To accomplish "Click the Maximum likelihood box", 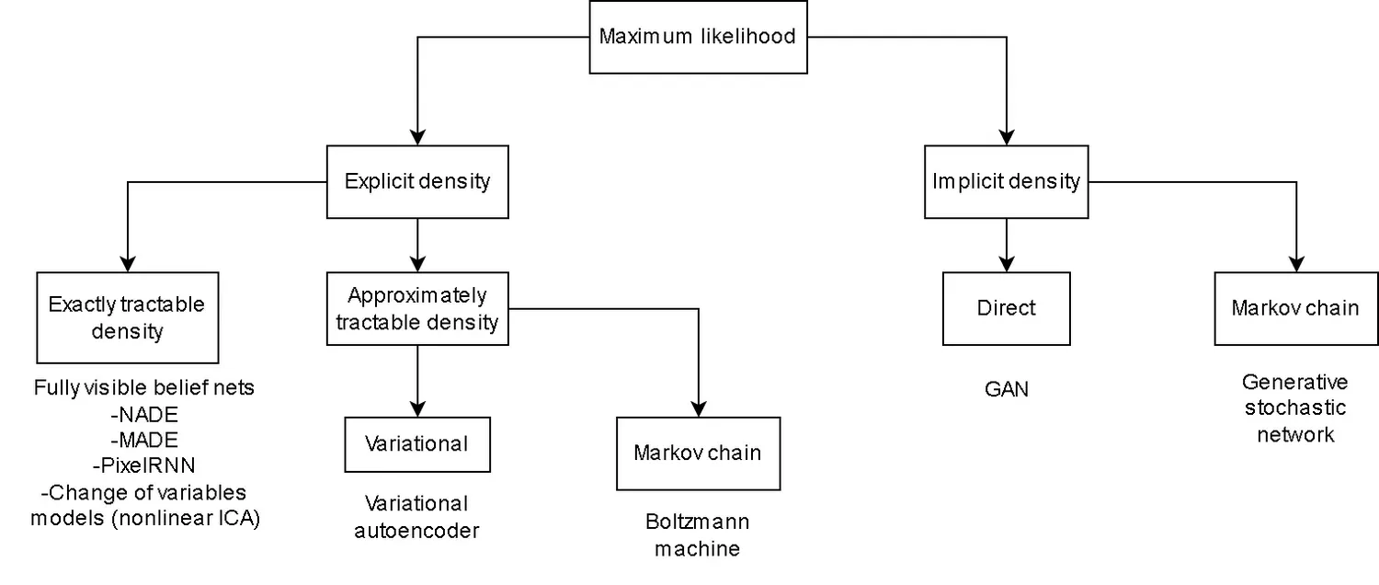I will click(698, 37).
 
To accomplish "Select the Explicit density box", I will click(417, 181).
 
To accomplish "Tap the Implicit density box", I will click(1006, 181).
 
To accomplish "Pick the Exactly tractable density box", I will click(128, 317).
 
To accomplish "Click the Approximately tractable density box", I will click(417, 309).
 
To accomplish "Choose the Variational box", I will click(416, 444).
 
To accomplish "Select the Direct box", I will click(1006, 308).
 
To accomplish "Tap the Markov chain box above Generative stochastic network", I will click(1294, 308).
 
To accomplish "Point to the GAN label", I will click(1006, 390).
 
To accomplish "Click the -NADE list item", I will click(143, 414).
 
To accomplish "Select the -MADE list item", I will click(143, 440).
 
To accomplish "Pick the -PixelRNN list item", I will click(143, 465).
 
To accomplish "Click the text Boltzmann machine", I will click(696, 536).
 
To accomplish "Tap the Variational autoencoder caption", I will click(416, 517).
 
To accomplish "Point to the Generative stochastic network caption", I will click(1294, 408).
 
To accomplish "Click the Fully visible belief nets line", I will click(143, 388).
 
